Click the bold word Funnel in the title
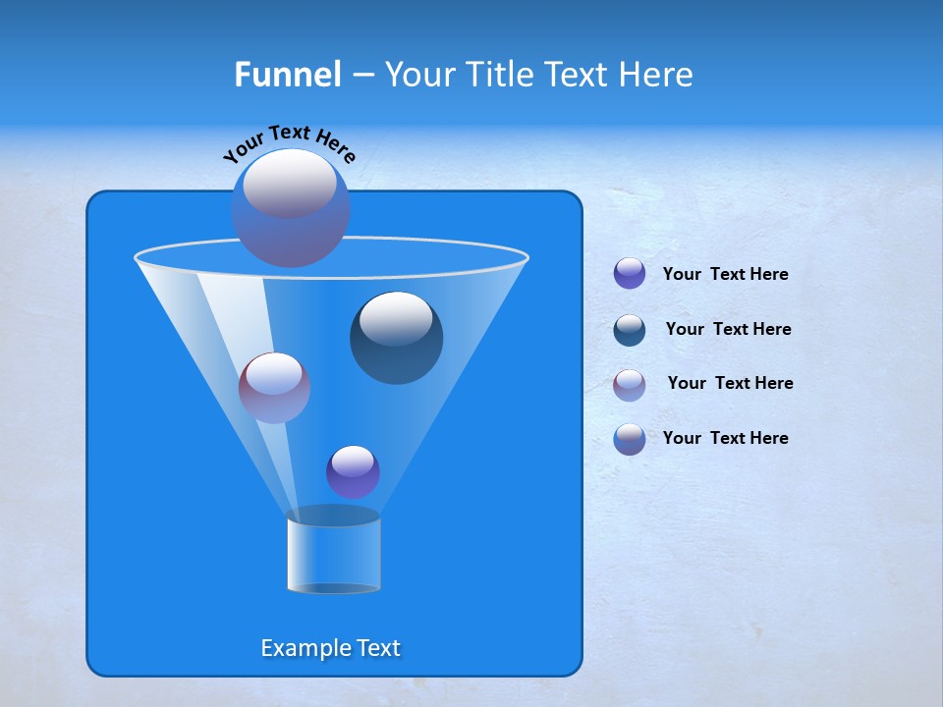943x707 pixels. tap(287, 75)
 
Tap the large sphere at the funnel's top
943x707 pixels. tap(291, 208)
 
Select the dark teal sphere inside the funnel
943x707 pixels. tap(397, 338)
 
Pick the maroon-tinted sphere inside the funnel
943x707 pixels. tap(275, 388)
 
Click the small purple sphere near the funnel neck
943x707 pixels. tap(354, 471)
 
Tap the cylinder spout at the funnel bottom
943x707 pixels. tap(334, 555)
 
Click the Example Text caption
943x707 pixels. tap(330, 648)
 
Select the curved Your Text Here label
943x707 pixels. tap(289, 143)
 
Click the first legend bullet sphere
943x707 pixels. tap(630, 274)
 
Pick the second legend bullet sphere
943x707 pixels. tap(630, 330)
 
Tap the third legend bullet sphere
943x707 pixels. tap(630, 384)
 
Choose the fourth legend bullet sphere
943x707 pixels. tap(630, 439)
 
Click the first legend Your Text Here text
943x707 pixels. tap(725, 274)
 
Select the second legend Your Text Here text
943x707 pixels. tap(728, 329)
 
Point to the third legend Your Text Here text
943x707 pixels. tap(730, 383)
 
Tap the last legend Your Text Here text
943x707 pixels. tap(725, 438)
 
